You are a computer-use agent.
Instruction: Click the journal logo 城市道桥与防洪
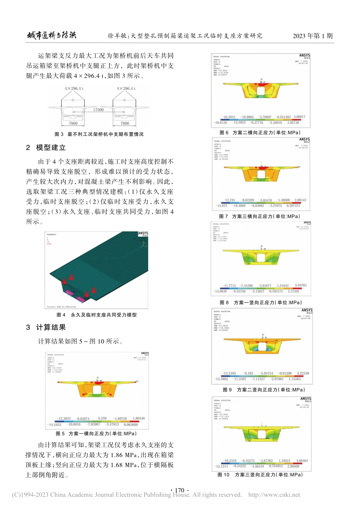tap(52, 36)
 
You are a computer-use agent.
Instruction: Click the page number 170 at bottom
tap(180, 490)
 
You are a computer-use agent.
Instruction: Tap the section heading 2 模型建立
tap(46, 148)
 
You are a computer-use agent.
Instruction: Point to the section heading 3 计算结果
tap(46, 328)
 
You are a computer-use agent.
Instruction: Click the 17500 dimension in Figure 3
tap(99, 110)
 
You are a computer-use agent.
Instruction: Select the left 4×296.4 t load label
tap(74, 89)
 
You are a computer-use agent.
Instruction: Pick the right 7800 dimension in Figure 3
tap(125, 123)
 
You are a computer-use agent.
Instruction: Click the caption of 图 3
tap(99, 134)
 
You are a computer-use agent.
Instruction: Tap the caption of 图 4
tap(96, 315)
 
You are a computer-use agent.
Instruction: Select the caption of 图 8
tap(261, 303)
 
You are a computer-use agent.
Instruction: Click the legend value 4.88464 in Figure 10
tap(302, 461)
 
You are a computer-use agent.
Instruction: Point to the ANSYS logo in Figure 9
tap(307, 310)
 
